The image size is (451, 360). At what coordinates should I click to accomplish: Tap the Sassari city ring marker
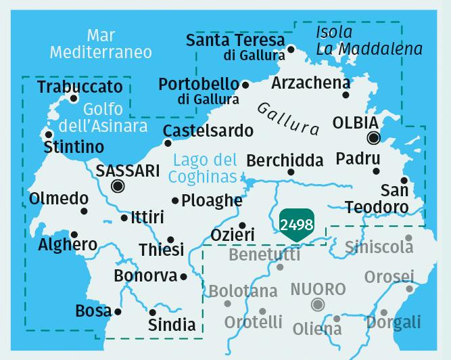tap(118, 186)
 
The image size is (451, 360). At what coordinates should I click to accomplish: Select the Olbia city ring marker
tap(373, 139)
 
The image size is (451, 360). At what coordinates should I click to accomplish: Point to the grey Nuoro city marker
tap(318, 305)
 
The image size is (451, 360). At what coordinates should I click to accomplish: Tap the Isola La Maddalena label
tap(369, 41)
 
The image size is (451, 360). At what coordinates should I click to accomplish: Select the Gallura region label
tap(289, 118)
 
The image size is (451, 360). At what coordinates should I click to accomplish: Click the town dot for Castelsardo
tap(168, 143)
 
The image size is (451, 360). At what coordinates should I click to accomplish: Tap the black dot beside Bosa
tap(118, 312)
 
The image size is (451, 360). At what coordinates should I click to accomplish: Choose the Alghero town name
tap(67, 244)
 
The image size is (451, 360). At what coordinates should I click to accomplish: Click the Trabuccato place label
tap(80, 87)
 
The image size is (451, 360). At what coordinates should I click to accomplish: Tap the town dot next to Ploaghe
tap(175, 200)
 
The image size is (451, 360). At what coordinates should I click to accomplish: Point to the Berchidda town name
tap(285, 160)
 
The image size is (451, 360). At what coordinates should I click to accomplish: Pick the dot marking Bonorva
tap(183, 276)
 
